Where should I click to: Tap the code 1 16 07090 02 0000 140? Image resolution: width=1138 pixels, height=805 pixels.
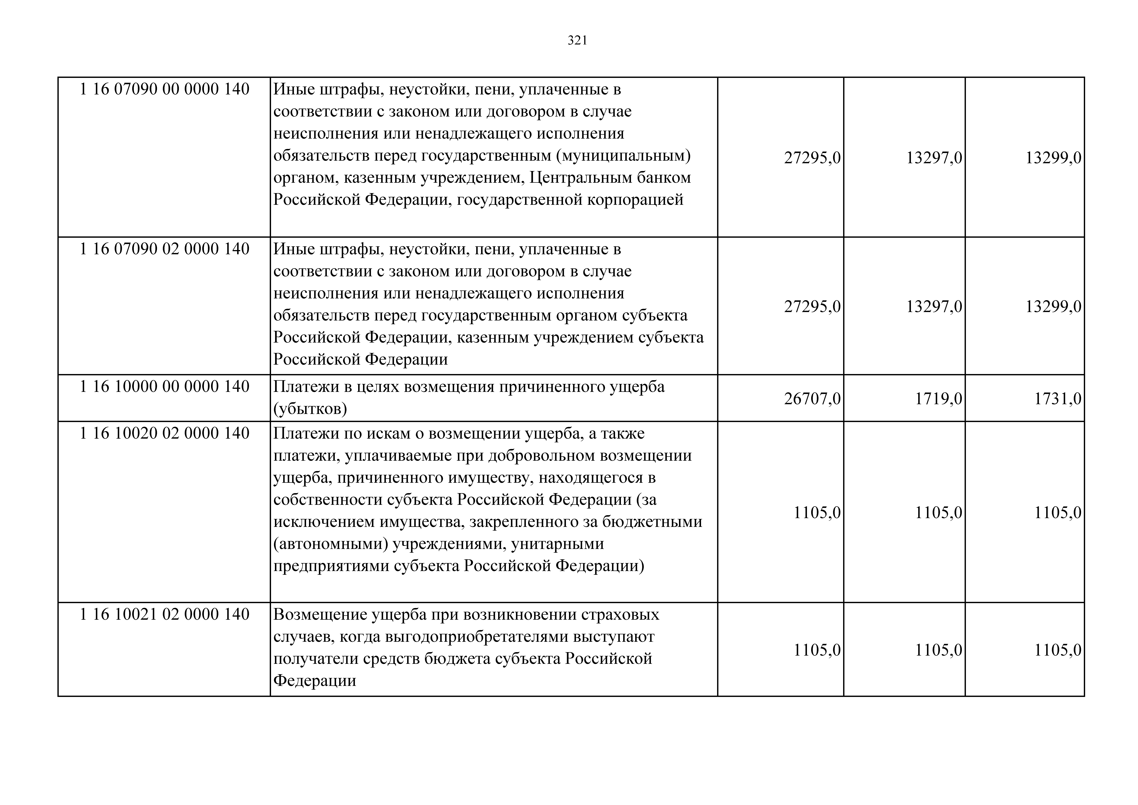coord(165,249)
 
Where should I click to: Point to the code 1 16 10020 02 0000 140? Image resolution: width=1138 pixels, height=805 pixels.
coord(165,434)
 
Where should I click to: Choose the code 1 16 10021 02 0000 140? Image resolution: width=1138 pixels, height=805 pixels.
coord(165,615)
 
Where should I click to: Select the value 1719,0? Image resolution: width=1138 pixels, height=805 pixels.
coord(938,399)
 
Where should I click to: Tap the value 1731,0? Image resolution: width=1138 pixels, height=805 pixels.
coord(1057,399)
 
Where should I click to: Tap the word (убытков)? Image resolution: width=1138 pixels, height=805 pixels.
coord(310,409)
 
